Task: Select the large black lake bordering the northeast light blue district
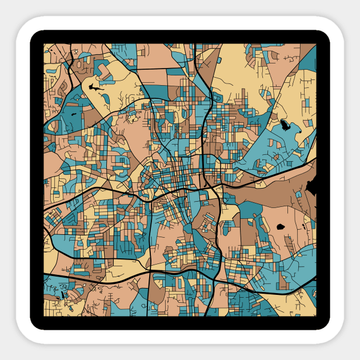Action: coord(285,125)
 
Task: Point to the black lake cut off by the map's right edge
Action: coord(313,185)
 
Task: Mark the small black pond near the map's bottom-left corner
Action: coord(62,296)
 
